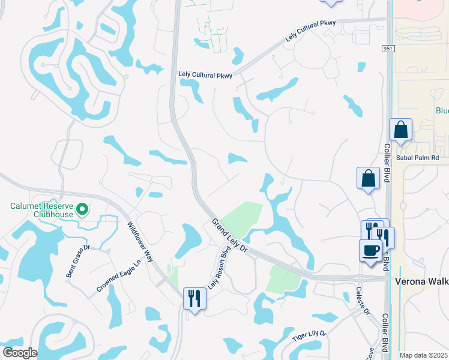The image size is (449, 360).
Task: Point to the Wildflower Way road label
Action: tap(140, 242)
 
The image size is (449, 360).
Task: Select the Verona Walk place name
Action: tap(421, 281)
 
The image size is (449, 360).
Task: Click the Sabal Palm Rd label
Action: tap(418, 158)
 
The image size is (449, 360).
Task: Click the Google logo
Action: tap(19, 353)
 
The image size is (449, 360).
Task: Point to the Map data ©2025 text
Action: tap(423, 355)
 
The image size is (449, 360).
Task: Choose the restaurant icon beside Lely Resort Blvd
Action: tap(194, 298)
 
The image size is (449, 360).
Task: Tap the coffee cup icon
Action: tap(370, 249)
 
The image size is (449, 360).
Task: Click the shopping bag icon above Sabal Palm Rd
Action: tap(400, 130)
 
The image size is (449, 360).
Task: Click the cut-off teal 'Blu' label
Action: tap(442, 111)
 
